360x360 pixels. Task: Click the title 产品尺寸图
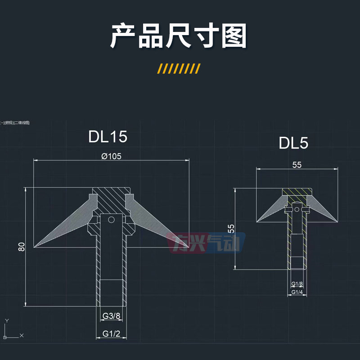pos(179,36)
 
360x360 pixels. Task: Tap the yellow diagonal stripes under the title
pos(179,68)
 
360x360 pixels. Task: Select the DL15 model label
pos(108,137)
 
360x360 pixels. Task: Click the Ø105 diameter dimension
pos(112,156)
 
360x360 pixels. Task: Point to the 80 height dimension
pos(22,246)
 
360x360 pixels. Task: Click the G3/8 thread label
pos(111,316)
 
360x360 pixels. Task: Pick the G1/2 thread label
pos(111,333)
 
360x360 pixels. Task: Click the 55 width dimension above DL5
pos(297,165)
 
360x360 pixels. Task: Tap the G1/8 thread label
pos(297,284)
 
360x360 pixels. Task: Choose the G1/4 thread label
pos(297,292)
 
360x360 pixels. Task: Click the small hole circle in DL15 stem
pos(111,220)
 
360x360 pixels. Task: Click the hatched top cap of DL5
pos(297,192)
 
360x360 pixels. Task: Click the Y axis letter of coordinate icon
pos(6,320)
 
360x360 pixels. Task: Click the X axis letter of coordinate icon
pos(22,336)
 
